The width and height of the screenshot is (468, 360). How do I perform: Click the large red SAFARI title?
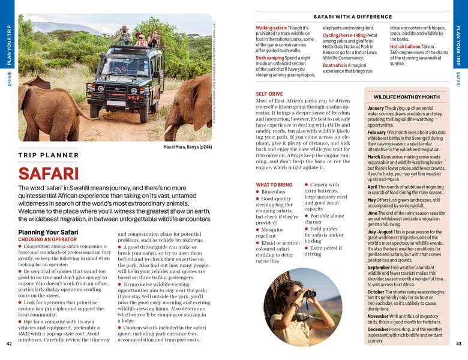point(49,173)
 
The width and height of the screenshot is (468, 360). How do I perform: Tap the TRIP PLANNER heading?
point(49,155)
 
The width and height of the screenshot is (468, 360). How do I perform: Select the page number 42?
point(8,343)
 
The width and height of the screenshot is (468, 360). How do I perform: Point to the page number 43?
point(458,343)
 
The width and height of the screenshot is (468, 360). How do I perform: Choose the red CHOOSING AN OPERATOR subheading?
point(46,239)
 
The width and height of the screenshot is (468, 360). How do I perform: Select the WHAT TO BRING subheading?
point(274,185)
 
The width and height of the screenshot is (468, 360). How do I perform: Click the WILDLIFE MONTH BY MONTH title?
point(407,97)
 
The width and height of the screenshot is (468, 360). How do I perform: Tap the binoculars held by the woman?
point(310,293)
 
